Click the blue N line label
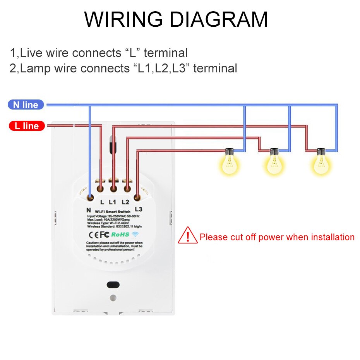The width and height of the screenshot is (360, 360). (26, 105)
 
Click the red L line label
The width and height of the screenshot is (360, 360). (26, 126)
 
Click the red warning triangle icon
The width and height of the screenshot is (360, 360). (188, 236)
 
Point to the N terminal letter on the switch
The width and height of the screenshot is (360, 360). (89, 210)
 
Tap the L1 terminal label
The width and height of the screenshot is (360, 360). (113, 202)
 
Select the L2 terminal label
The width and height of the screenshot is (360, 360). (125, 202)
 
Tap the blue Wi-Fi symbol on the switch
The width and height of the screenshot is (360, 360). (135, 235)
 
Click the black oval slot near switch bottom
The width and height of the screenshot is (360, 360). (113, 285)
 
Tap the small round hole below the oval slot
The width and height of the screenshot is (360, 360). (113, 298)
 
